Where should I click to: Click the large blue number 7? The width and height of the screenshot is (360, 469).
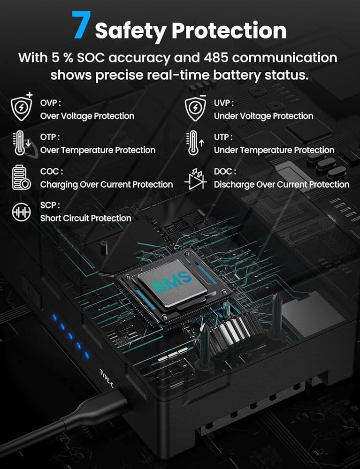81,25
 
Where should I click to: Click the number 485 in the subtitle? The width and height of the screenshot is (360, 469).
216,57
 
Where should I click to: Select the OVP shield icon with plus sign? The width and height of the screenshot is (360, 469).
22,106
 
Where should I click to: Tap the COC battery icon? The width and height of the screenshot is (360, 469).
21,177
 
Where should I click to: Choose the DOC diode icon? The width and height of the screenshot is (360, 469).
196,179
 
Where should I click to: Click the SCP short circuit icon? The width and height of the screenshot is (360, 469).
21,212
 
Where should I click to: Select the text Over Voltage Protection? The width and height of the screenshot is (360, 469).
87,116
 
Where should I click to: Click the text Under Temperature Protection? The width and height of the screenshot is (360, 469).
274,150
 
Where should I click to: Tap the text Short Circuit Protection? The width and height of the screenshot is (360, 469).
85,219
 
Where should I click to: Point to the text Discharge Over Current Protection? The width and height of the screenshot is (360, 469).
282,184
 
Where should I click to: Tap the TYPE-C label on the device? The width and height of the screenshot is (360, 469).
107,378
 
